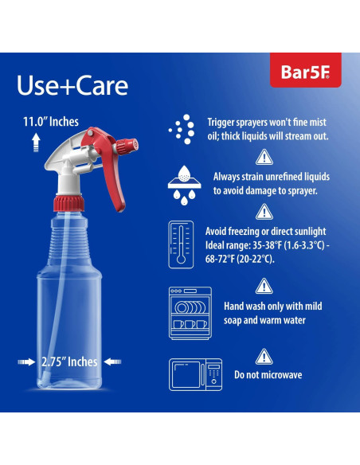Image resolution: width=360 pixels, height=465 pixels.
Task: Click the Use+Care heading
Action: (72, 85)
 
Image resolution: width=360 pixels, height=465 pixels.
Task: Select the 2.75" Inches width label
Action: (69, 361)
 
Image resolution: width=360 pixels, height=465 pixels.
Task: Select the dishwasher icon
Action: (189, 308)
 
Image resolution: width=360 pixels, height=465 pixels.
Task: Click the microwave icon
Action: (190, 374)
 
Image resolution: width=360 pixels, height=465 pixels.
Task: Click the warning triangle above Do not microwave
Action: (264, 357)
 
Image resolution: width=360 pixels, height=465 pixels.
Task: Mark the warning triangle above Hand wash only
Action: (264, 287)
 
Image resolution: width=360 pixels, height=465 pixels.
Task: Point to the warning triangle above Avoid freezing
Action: (264, 211)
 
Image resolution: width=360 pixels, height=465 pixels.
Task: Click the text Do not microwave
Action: (268, 375)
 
